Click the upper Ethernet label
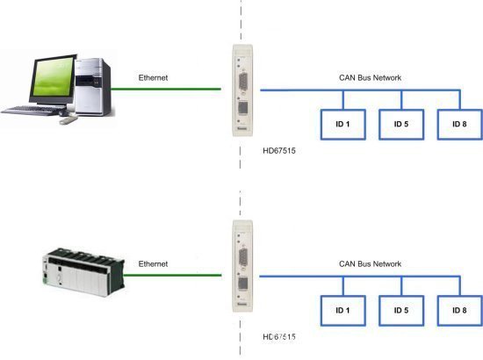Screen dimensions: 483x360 click(153, 77)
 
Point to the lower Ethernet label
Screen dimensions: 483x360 click(153, 264)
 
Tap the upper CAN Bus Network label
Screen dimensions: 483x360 click(370, 77)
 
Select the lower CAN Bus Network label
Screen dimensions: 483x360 click(370, 264)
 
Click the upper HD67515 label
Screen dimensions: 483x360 click(279, 151)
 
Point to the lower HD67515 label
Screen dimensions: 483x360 click(279, 337)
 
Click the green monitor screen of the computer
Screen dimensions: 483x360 click(53, 77)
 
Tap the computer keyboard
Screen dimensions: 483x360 click(33, 111)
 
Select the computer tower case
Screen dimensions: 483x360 click(93, 87)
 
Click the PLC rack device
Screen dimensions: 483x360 click(83, 271)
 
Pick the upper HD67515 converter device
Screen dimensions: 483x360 click(242, 90)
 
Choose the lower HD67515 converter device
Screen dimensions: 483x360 click(242, 266)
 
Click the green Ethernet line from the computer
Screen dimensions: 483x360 click(166, 89)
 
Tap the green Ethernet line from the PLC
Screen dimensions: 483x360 click(173, 275)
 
